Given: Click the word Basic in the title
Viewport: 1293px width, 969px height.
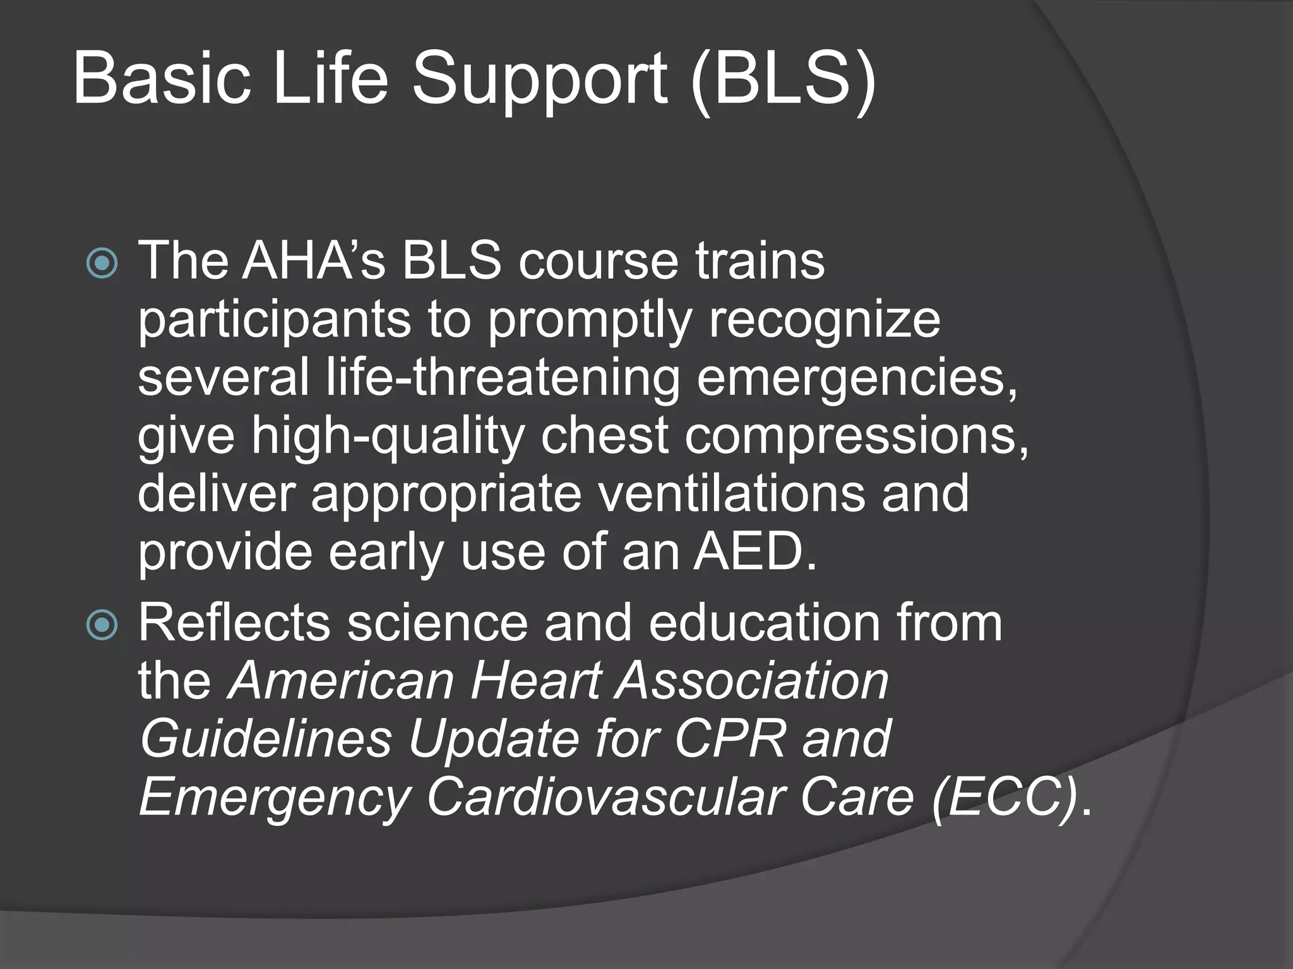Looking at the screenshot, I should tap(162, 79).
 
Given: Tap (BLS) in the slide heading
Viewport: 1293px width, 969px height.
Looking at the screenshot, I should tap(783, 79).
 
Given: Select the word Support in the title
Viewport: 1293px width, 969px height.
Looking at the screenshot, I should tap(539, 79).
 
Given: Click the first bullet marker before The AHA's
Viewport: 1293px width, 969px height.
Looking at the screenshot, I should tap(102, 264).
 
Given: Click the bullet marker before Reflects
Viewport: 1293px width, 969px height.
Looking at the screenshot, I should tap(102, 625).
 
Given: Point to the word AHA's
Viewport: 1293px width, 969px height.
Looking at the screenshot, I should tap(313, 261).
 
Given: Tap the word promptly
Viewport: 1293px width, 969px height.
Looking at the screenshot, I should tap(590, 320).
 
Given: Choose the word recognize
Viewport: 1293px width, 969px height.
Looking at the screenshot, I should tap(824, 320).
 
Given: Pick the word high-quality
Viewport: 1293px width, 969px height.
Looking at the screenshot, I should tap(388, 436).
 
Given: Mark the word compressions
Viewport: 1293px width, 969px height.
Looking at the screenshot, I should tap(856, 436).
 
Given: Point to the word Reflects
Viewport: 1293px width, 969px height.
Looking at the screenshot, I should tap(234, 623).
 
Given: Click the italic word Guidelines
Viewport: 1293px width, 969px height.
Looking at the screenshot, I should tap(266, 739).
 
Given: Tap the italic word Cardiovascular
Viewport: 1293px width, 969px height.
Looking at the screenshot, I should tap(606, 797).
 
